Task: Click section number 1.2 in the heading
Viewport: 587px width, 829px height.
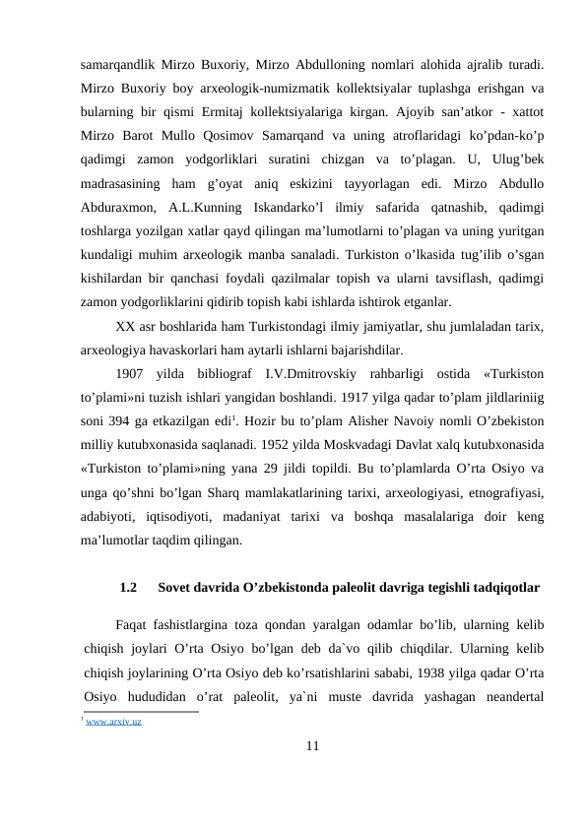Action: (x=128, y=588)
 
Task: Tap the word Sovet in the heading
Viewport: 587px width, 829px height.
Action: (x=176, y=588)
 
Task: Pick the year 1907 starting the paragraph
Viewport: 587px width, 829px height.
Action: (x=131, y=374)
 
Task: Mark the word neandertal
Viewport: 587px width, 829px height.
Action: (x=511, y=697)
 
